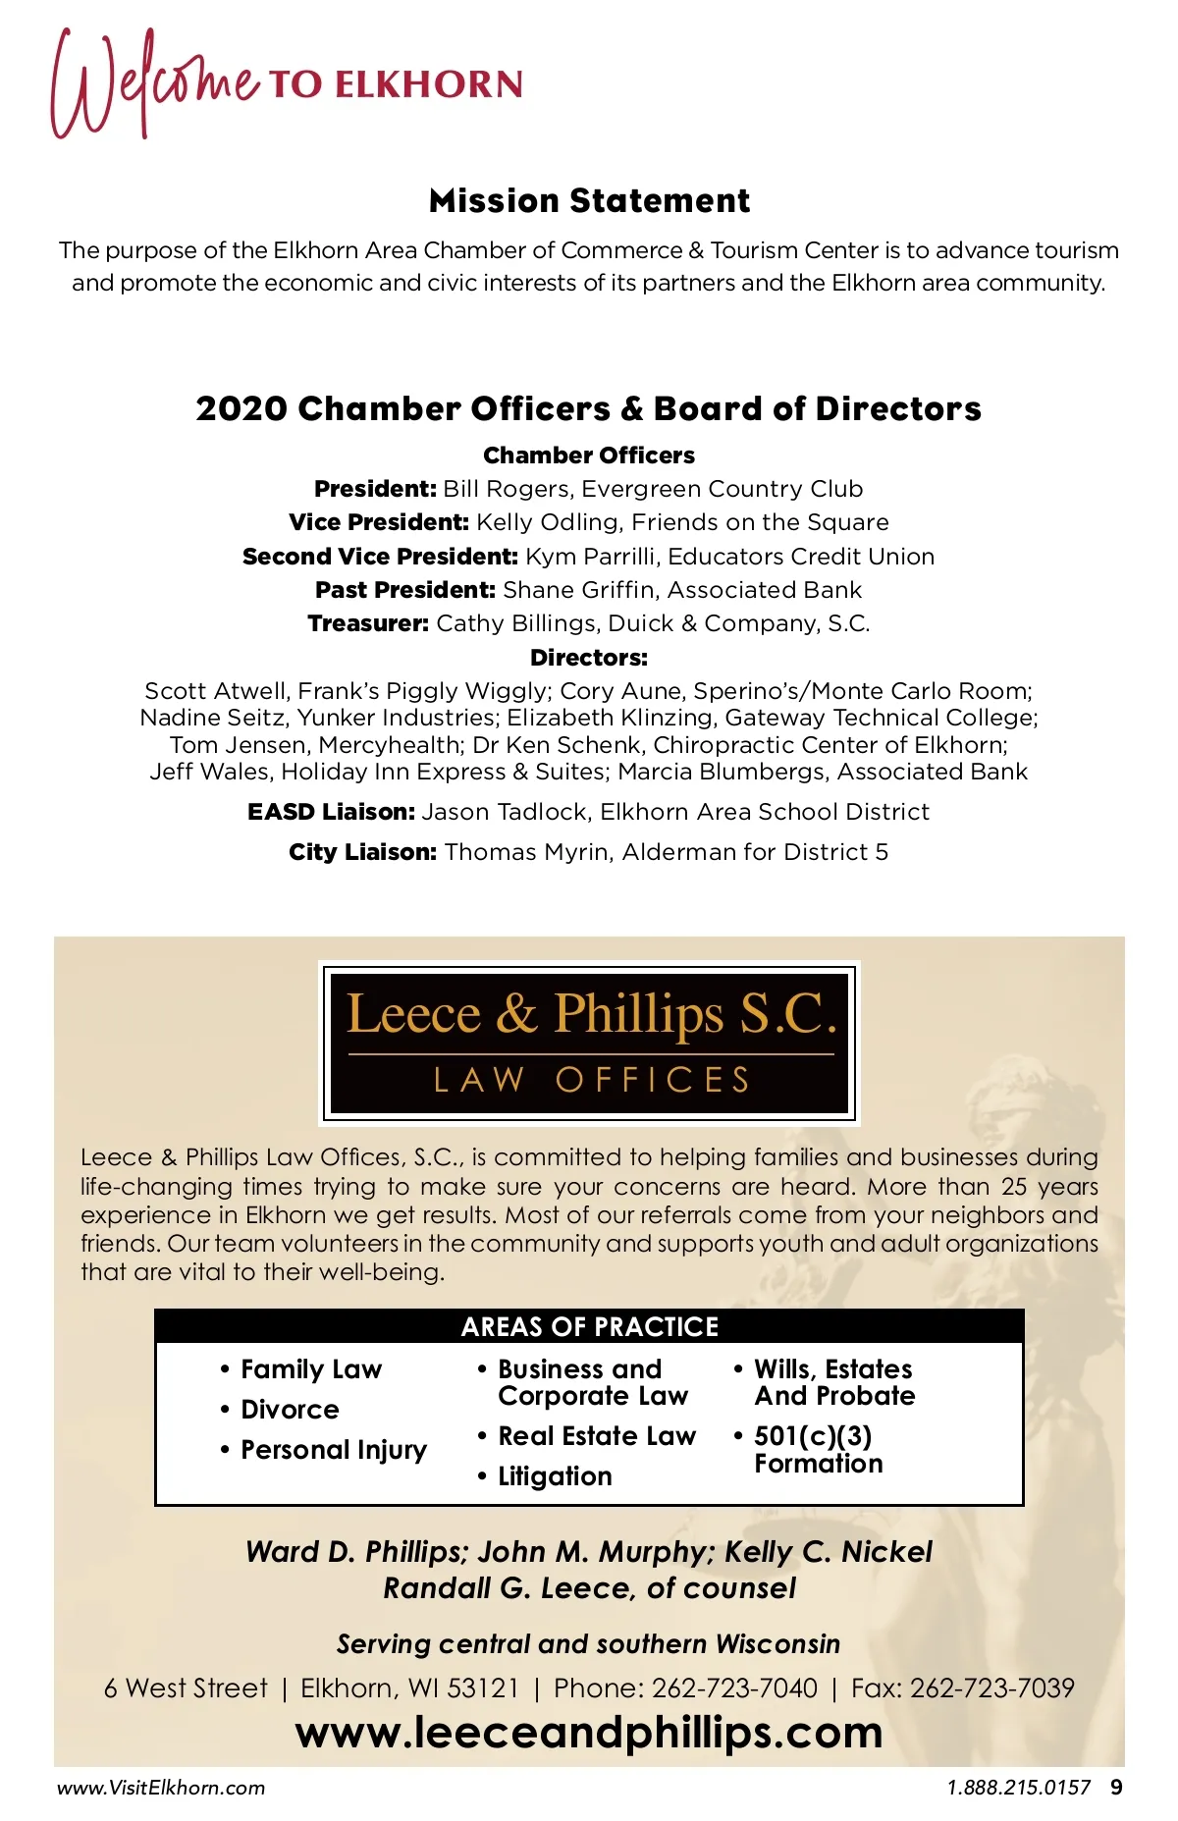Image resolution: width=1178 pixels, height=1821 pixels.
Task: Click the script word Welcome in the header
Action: click(x=155, y=83)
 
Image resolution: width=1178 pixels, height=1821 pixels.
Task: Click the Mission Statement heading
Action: click(x=589, y=201)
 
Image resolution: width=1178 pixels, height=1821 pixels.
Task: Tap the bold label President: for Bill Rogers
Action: click(x=375, y=489)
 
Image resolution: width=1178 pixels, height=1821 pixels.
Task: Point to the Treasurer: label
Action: click(x=368, y=623)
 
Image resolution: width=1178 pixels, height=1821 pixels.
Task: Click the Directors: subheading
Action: click(x=589, y=658)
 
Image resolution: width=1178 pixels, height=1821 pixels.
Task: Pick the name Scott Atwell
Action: click(x=216, y=691)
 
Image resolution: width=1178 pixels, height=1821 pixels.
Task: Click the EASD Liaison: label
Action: click(x=332, y=812)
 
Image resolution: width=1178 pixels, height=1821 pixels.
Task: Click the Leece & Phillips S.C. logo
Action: click(x=589, y=1043)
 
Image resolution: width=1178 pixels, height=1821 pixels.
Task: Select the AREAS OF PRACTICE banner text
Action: click(x=589, y=1327)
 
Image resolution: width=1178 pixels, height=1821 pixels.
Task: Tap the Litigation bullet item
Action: click(x=555, y=1476)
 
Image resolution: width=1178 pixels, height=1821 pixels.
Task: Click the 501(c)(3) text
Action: click(x=813, y=1436)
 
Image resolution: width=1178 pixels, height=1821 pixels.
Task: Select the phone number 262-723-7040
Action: click(x=734, y=1687)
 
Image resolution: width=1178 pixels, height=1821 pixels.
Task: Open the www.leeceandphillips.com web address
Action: click(x=589, y=1733)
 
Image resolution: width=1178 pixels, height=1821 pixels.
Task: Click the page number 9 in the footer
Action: click(x=1116, y=1788)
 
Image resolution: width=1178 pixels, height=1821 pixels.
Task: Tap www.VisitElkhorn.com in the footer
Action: click(x=161, y=1788)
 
